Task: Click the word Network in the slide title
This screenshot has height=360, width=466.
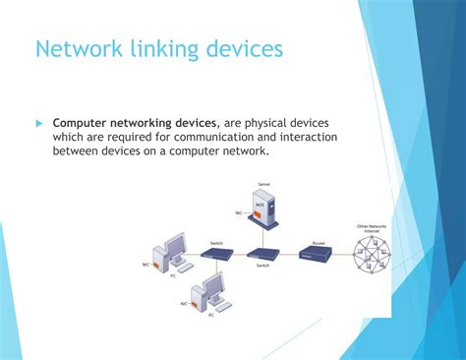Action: click(76, 49)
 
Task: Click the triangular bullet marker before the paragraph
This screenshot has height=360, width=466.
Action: click(40, 123)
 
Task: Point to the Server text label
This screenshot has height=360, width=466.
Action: click(262, 184)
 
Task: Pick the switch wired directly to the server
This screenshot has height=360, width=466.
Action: click(263, 253)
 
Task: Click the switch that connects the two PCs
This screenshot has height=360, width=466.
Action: click(217, 253)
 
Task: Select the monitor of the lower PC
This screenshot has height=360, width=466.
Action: click(211, 287)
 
